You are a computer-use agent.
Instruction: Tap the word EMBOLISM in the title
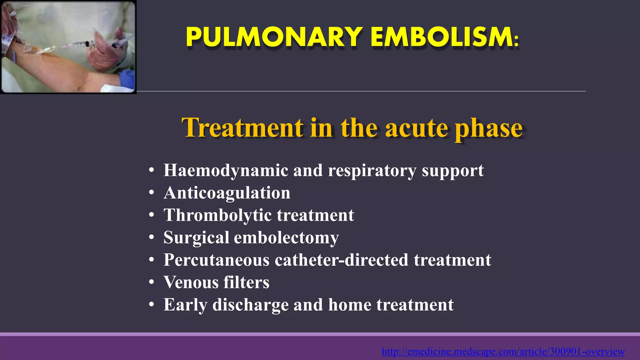[x=442, y=37]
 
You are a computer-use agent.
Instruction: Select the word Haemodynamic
[x=226, y=171]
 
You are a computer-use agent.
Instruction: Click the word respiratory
[x=372, y=171]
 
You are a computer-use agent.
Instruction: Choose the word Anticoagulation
[x=227, y=193]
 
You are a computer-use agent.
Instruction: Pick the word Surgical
[x=196, y=238]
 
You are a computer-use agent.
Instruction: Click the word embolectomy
[x=286, y=238]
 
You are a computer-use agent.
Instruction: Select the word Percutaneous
[x=216, y=260]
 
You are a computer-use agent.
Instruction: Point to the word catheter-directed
[x=342, y=260]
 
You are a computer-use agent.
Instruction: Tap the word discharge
[x=250, y=305]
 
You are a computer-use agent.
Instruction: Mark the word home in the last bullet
[x=349, y=305]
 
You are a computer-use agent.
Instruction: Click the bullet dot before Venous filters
[x=152, y=282]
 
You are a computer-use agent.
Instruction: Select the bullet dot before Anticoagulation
[x=152, y=193]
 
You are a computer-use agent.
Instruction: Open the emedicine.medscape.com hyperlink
[x=503, y=352]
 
